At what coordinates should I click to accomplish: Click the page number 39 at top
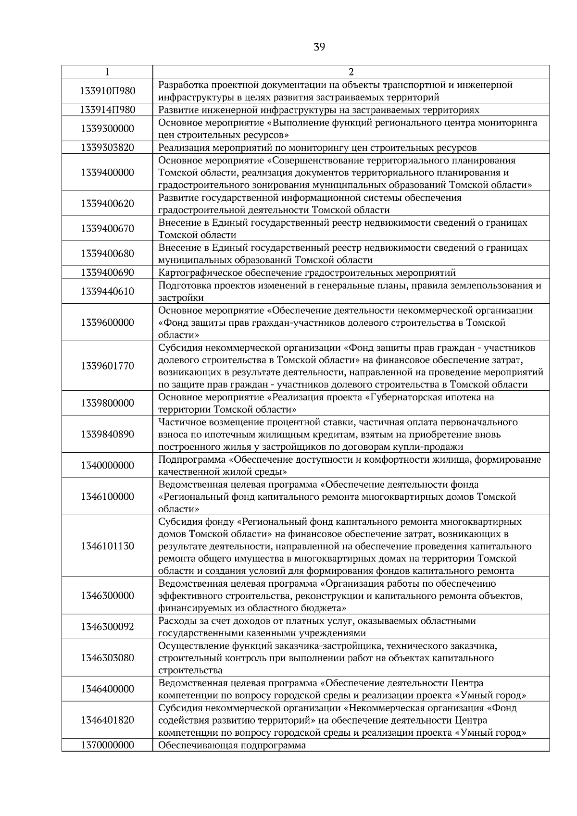pyautogui.click(x=319, y=47)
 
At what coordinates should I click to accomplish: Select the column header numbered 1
pyautogui.click(x=107, y=72)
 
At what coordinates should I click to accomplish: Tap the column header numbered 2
pyautogui.click(x=351, y=72)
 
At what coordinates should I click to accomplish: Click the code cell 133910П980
pyautogui.click(x=107, y=91)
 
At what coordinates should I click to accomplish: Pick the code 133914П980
pyautogui.click(x=107, y=110)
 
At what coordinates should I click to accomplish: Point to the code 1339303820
pyautogui.click(x=107, y=148)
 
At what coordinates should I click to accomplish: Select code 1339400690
pyautogui.click(x=107, y=272)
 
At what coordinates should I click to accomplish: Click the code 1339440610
pyautogui.click(x=107, y=291)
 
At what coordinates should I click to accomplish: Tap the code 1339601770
pyautogui.click(x=107, y=366)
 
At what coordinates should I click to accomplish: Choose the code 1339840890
pyautogui.click(x=107, y=434)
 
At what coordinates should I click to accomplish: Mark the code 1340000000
pyautogui.click(x=107, y=465)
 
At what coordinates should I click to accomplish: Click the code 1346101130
pyautogui.click(x=107, y=546)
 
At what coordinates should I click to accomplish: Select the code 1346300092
pyautogui.click(x=107, y=627)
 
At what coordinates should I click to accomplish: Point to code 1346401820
pyautogui.click(x=107, y=720)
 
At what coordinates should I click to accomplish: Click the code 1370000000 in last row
pyautogui.click(x=107, y=745)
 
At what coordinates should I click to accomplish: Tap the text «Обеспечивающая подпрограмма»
pyautogui.click(x=232, y=745)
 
